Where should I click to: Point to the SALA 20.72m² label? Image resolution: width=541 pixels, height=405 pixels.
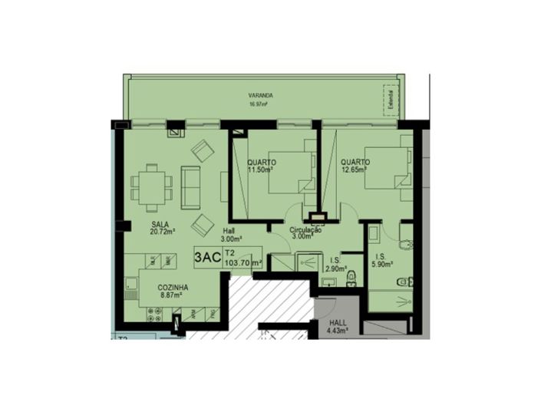tap(161, 227)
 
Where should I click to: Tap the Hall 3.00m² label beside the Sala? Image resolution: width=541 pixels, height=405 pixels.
tap(229, 233)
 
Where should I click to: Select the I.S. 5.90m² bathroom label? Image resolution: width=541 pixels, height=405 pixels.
tap(381, 262)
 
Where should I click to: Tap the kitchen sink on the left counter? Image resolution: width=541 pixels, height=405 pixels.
tap(128, 289)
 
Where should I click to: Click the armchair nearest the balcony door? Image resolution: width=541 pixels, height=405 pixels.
tap(203, 151)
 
